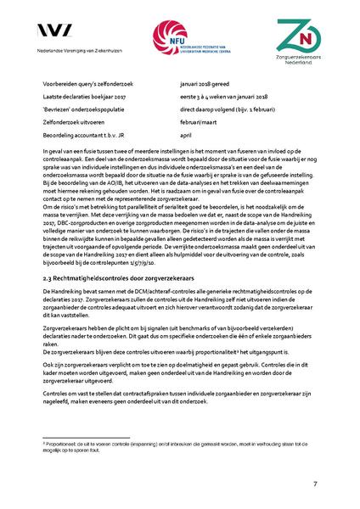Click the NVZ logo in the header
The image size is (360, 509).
(58, 32)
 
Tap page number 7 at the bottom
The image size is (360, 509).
(314, 484)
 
